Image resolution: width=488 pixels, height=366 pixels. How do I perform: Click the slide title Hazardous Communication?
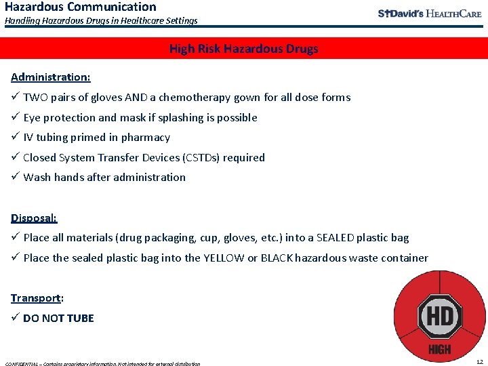[x=80, y=7]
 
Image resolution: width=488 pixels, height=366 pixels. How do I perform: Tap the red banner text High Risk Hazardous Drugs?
[x=243, y=49]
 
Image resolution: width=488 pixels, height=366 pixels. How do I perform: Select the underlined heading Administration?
[x=51, y=77]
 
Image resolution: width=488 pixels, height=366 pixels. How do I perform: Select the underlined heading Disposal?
[x=34, y=218]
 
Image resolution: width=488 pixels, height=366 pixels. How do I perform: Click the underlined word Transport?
[x=36, y=298]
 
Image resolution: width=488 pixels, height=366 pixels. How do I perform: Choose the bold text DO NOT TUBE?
[x=58, y=318]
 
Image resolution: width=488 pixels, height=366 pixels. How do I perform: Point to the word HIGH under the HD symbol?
[x=439, y=350]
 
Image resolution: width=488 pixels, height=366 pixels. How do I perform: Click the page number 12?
[x=480, y=362]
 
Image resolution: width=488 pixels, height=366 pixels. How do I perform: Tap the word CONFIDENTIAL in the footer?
[x=22, y=364]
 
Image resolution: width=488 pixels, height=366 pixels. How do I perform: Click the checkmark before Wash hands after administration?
[x=15, y=177]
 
